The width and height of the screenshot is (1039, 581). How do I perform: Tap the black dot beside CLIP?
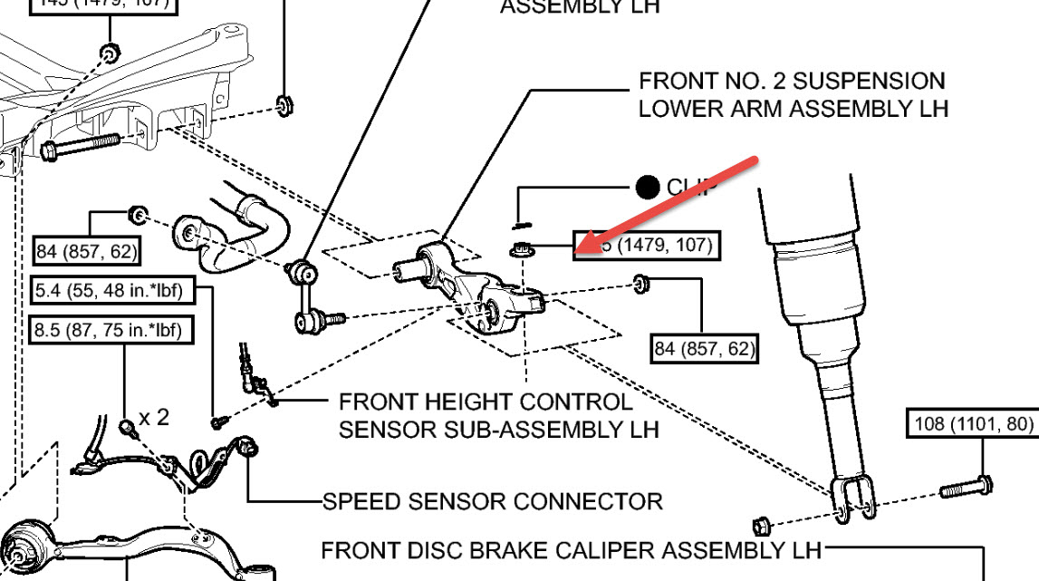[x=647, y=188]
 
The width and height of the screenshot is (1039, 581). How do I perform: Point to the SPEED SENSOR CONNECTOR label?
[x=493, y=500]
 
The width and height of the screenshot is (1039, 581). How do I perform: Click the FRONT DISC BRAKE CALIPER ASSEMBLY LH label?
[x=571, y=550]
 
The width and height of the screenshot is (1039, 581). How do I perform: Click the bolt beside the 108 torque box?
[x=966, y=489]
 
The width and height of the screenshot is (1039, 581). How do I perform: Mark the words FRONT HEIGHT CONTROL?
[x=486, y=401]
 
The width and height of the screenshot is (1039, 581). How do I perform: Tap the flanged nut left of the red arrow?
[x=520, y=250]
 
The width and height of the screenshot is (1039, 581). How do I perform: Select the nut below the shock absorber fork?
[x=761, y=524]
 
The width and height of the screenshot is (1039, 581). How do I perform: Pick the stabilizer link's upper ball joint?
[x=301, y=270]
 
